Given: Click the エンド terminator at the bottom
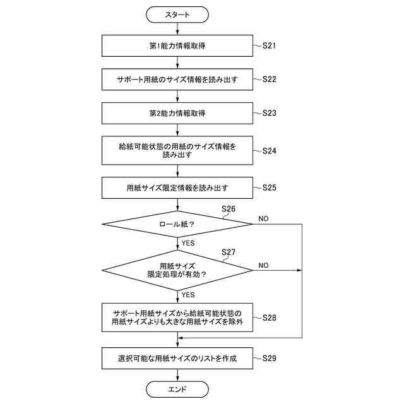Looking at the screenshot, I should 177,389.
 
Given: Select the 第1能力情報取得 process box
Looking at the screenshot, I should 177,46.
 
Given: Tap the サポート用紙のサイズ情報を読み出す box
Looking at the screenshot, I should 177,80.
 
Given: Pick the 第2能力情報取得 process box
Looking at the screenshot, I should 177,113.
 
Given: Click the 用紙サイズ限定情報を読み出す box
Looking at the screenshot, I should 177,187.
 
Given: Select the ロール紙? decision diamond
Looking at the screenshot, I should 177,223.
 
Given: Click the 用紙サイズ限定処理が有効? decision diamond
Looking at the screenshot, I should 177,270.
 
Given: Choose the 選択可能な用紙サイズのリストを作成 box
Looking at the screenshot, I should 177,359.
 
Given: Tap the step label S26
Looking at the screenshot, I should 229,208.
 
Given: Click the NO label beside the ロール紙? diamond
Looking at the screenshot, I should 263,218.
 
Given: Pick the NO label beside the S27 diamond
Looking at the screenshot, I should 263,265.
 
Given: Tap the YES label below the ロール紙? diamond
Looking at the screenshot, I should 188,242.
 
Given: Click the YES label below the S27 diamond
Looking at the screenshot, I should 188,294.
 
